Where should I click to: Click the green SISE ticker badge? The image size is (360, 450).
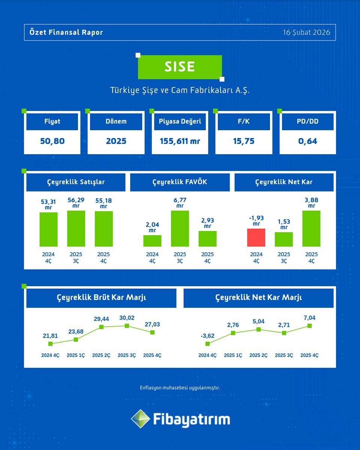point(180,67)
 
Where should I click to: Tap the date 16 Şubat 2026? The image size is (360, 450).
point(307,32)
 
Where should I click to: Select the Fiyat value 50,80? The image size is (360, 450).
point(52,141)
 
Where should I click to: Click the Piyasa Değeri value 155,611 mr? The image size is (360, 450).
point(180,141)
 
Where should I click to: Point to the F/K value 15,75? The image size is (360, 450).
point(244,141)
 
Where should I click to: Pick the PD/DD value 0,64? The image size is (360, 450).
point(308,141)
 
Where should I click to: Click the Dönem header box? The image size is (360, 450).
point(116,121)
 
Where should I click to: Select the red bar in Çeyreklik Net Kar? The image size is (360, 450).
point(256,237)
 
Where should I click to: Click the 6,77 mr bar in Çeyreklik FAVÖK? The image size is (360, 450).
point(180,228)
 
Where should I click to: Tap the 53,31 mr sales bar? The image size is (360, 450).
point(48,229)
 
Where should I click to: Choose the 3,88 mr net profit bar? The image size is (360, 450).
point(311,228)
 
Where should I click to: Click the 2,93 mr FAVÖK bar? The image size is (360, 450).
point(207,238)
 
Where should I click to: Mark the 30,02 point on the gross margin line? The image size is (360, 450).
point(127,326)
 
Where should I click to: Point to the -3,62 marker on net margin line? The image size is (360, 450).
point(207,343)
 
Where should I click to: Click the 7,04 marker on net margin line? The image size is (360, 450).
point(309,326)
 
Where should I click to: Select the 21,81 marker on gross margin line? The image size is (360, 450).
point(50,343)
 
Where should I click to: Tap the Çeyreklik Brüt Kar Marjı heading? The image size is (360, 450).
point(101,298)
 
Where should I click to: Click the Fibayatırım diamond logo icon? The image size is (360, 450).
point(139,419)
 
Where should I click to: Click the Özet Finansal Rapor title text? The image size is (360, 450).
point(66,32)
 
